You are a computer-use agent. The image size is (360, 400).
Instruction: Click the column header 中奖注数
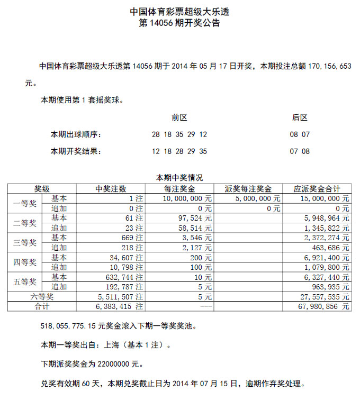coord(111,188)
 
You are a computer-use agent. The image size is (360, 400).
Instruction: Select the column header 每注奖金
coord(179,188)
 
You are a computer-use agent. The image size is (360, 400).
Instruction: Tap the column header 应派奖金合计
coord(317,188)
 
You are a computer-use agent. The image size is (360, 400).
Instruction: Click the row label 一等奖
coord(24,203)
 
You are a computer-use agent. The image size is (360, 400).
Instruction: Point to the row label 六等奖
coord(42,296)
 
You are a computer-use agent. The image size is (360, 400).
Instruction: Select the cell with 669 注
coord(132,237)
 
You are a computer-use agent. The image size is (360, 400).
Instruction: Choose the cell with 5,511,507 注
coord(121,296)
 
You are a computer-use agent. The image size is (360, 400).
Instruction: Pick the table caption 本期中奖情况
coord(179,178)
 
